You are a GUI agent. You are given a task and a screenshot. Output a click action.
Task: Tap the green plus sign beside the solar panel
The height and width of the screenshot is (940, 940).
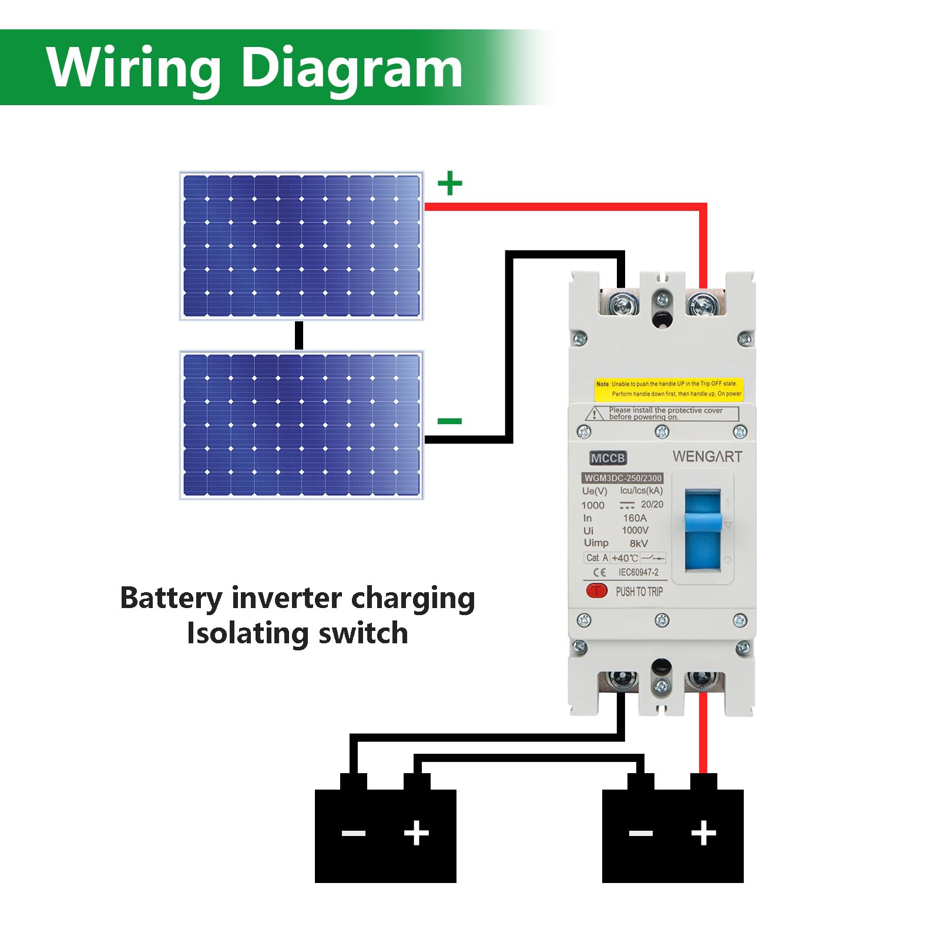pos(450,183)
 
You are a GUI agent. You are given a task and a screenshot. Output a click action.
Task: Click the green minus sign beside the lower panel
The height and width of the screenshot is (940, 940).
pos(450,421)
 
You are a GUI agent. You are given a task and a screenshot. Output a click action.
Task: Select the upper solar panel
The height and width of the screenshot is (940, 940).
pos(301,246)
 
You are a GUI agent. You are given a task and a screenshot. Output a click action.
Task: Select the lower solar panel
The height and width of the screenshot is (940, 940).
pos(301,425)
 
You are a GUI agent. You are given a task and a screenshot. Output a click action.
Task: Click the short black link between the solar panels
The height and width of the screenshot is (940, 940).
pos(299,335)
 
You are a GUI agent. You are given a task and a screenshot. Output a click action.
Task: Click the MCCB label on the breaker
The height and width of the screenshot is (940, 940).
pos(608,458)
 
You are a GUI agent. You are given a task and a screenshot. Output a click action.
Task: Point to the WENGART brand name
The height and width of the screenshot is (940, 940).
pos(707,456)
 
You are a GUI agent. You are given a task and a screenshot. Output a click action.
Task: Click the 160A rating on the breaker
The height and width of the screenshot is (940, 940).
pos(634,518)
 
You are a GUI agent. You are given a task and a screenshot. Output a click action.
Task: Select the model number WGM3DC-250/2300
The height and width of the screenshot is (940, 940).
pos(623,478)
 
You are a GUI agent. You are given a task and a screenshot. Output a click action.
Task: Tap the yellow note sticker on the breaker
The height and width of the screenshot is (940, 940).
pos(669,389)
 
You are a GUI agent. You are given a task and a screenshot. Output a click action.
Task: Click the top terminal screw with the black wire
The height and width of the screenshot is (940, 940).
pos(620,305)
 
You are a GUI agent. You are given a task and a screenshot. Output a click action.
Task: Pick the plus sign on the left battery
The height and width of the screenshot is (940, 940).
pos(417,832)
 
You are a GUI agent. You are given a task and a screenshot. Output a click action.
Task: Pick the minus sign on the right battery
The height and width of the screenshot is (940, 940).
pos(640,833)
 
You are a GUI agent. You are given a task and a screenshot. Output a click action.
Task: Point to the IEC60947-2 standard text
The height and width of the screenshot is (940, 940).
pos(638,572)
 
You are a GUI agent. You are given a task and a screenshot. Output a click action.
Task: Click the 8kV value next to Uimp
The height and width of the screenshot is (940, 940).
pos(639,543)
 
